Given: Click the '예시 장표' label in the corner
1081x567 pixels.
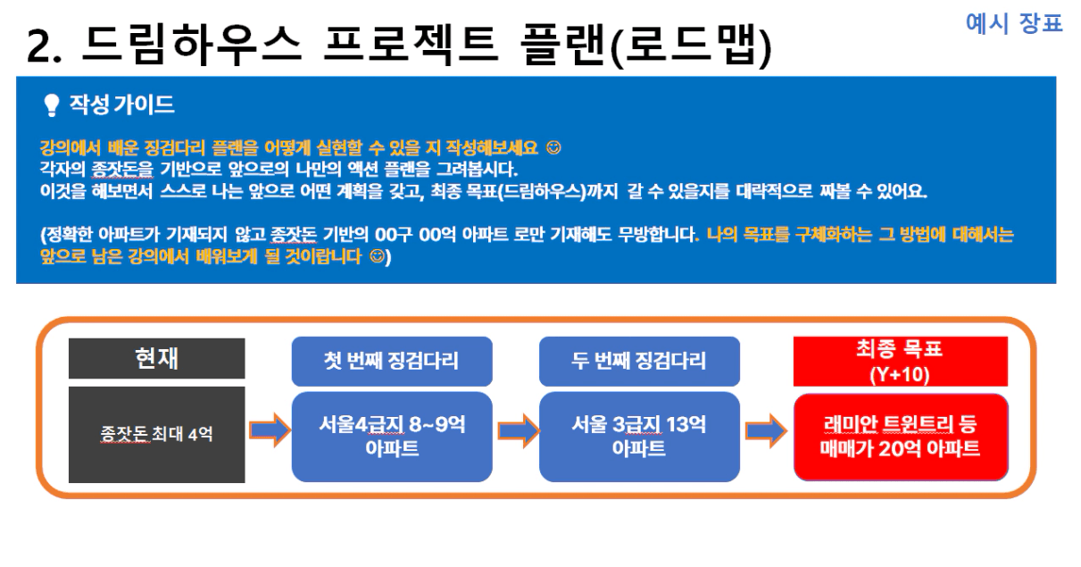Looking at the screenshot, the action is tap(1014, 23).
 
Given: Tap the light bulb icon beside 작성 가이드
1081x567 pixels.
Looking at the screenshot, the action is tap(51, 104).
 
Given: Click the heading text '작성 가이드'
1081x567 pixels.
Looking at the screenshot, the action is tap(121, 104).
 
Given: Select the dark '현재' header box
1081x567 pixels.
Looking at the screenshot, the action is tap(157, 359).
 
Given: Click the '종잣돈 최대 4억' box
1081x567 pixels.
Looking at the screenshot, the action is tap(157, 434).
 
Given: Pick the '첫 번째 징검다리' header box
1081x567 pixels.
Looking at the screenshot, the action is tap(392, 361).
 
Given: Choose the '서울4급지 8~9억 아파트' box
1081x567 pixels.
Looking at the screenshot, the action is tap(392, 437).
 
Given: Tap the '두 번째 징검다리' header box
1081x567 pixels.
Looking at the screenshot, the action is tap(639, 361).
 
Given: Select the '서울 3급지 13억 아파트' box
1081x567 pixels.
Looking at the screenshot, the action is tap(639, 437).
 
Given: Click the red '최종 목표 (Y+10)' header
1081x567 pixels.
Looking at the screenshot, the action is tap(901, 362).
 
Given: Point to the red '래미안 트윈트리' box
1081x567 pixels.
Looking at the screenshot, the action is tap(901, 438).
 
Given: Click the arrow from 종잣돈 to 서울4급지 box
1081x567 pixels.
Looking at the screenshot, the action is tap(270, 430).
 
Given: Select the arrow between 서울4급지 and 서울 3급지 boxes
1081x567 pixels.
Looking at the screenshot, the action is tap(519, 430).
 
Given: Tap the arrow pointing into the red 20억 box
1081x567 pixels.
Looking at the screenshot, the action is tap(767, 430).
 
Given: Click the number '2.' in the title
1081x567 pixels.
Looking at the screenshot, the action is tap(45, 46).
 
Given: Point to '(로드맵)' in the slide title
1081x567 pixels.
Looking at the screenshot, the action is tap(691, 46).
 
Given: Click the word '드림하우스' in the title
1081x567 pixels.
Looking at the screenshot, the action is tap(192, 45).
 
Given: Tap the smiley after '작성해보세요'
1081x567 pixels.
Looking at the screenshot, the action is tap(553, 147).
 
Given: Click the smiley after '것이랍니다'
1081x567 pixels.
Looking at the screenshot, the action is tap(378, 256).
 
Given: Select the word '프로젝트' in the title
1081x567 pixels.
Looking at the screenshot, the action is tap(411, 45).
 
